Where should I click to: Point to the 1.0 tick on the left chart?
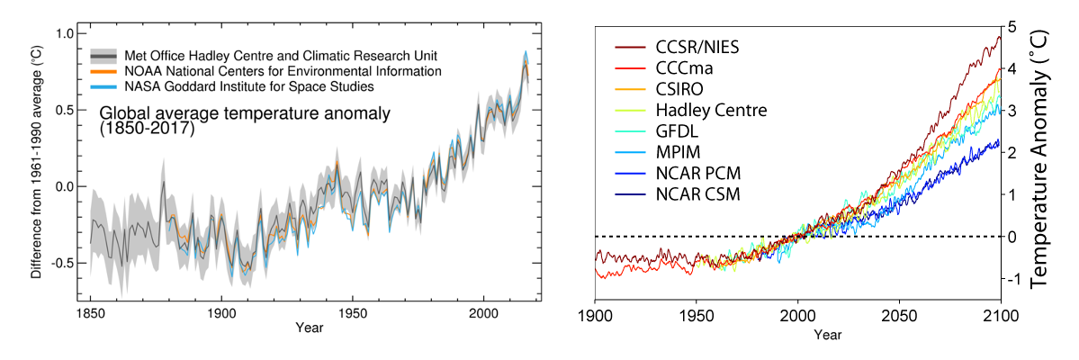pyautogui.click(x=64, y=33)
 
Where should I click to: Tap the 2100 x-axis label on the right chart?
pyautogui.click(x=1000, y=316)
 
